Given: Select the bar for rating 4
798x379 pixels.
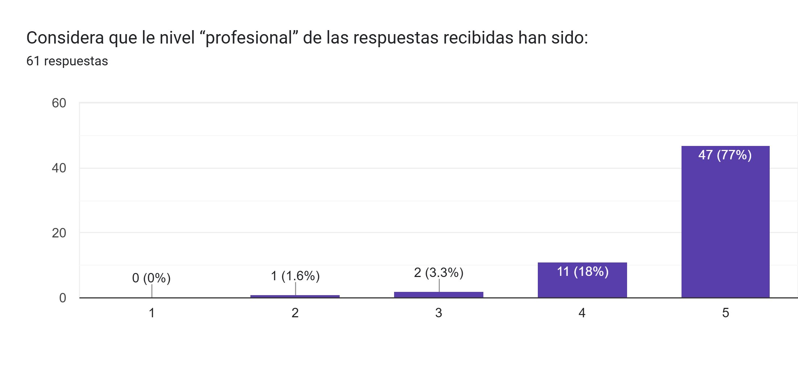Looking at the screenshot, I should click(582, 285).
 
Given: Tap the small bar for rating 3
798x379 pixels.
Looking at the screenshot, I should click(438, 295).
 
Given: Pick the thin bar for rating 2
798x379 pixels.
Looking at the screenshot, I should click(295, 296).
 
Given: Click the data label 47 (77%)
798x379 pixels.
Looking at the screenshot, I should click(725, 155).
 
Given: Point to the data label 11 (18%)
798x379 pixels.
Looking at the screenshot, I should click(582, 272).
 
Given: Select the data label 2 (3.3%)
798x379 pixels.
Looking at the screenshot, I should click(438, 273).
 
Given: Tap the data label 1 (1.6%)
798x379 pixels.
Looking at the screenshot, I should click(295, 276).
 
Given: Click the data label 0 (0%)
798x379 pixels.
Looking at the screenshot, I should click(151, 278).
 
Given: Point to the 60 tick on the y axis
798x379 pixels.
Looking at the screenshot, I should click(59, 103).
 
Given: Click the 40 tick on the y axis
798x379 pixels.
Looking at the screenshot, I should click(59, 168).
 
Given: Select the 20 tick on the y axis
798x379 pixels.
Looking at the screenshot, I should click(59, 233).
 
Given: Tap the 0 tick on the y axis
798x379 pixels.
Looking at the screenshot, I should click(62, 298).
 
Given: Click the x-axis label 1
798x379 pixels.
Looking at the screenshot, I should click(152, 313).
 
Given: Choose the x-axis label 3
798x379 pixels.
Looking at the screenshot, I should click(438, 313).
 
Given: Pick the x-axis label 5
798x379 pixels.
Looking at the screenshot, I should click(725, 313).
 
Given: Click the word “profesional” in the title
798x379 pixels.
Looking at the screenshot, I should click(249, 38).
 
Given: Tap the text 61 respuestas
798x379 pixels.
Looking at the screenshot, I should click(67, 61).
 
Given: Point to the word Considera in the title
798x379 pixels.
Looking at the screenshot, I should click(65, 38).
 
